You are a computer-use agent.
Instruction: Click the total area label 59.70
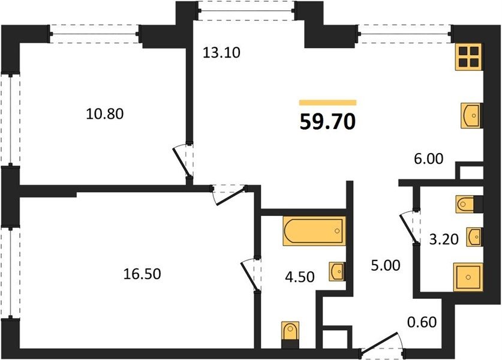pos(327,122)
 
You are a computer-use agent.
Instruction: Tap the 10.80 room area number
pos(105,114)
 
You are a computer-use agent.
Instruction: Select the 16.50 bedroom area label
pos(142,274)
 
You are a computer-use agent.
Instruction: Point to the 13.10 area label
pos(221,53)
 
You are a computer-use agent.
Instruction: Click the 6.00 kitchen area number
pos(429,158)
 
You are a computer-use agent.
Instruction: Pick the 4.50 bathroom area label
pos(300,277)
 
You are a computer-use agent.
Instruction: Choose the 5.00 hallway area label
pos(386,266)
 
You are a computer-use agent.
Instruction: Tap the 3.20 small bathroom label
pos(444,239)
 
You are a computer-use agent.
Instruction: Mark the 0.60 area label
pos(422,322)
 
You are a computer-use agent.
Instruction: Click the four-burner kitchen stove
pos(468,56)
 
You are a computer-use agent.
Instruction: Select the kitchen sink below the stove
pos(471,116)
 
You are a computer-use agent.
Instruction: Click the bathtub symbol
pos(314,231)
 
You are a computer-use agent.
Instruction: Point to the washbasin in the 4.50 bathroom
pos(337,272)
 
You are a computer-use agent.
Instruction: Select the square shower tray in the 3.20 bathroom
pos(468,277)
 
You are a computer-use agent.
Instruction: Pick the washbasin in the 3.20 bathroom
pos(474,237)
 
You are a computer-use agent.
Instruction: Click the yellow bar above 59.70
pos(328,103)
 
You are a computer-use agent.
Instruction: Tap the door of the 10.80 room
pos(182,161)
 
